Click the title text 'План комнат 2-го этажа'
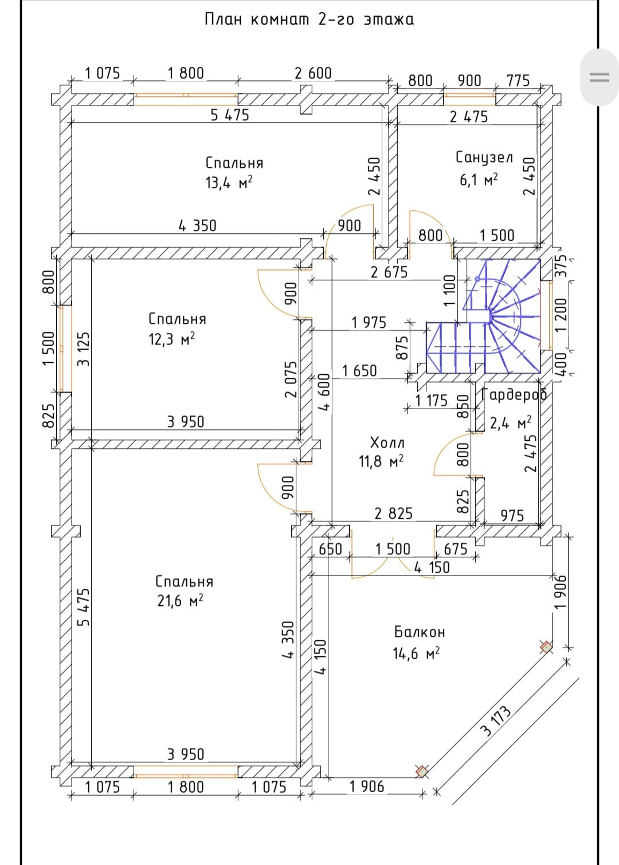(309, 19)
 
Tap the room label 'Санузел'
(484, 157)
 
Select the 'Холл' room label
(387, 443)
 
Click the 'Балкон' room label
(420, 632)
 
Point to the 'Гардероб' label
(514, 394)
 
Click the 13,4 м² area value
(229, 183)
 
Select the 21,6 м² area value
(181, 601)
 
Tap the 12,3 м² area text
(171, 339)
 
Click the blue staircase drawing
(493, 321)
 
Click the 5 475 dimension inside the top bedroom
(229, 115)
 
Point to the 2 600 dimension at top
(313, 73)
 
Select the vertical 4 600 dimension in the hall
(324, 392)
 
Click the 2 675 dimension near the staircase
(389, 272)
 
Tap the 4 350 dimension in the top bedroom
(197, 226)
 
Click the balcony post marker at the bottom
(422, 771)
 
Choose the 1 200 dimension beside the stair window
(561, 314)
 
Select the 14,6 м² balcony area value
(416, 653)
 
